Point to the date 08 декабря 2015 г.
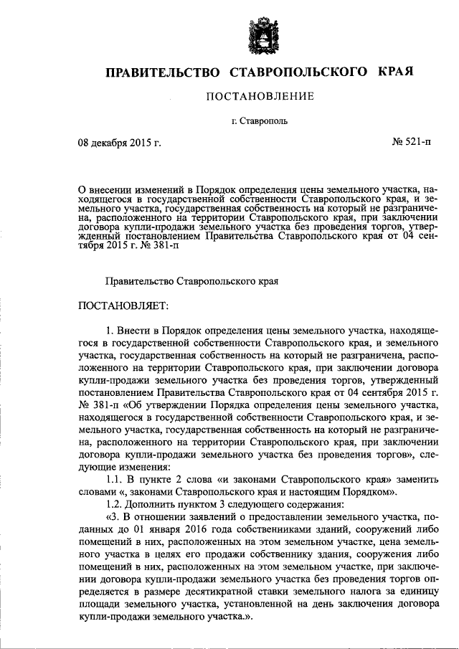[x=119, y=143]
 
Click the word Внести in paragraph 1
[x=135, y=330]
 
